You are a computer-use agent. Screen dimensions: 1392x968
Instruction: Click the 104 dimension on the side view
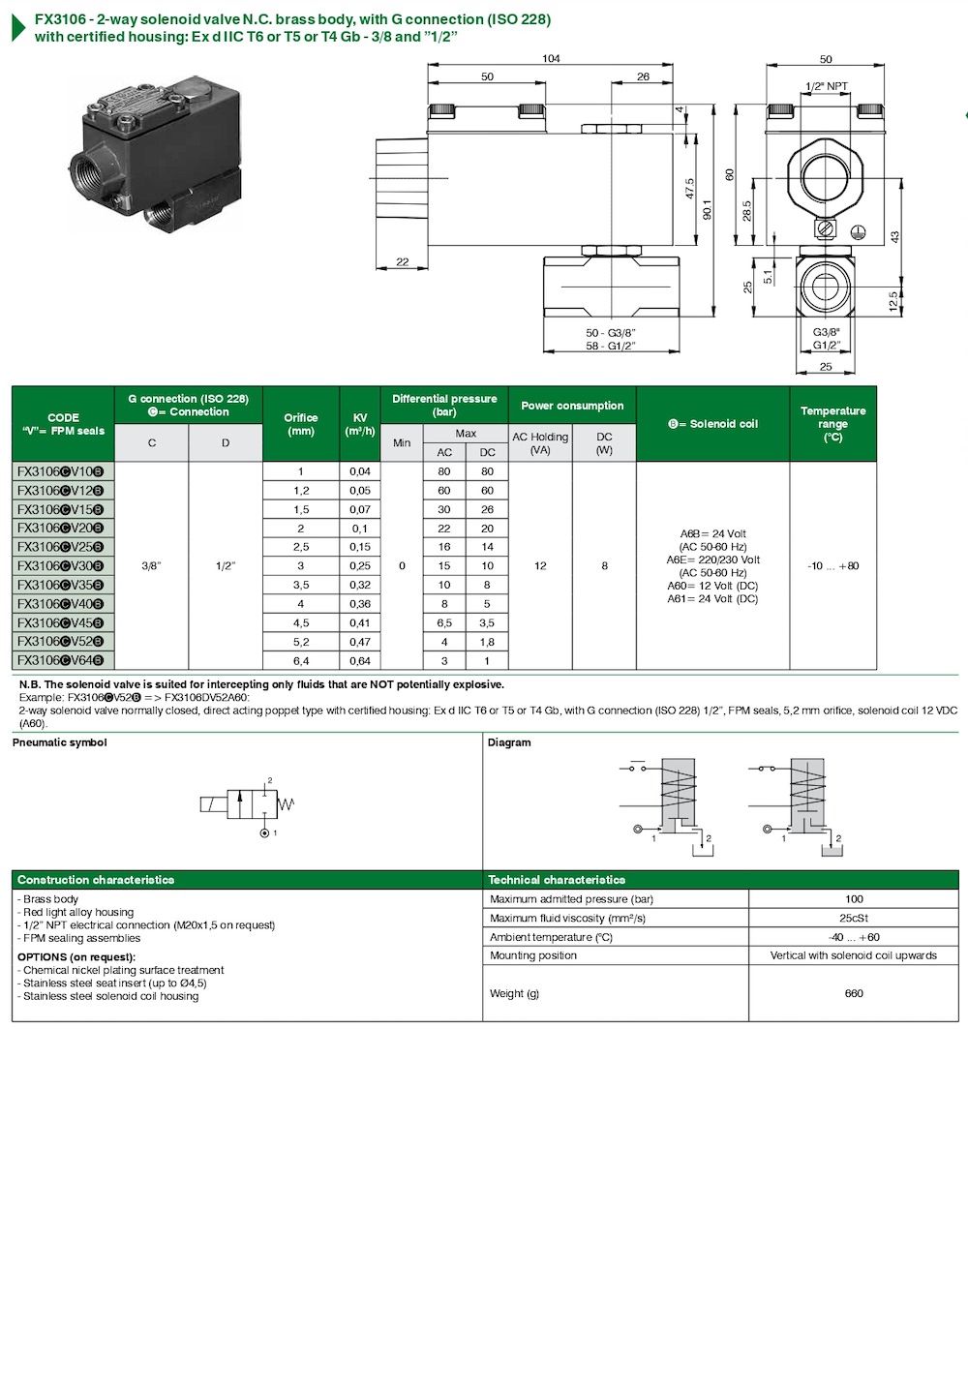coord(550,59)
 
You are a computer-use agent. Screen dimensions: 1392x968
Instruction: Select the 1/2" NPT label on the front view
coord(826,86)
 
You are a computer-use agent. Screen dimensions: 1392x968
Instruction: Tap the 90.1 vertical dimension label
coord(707,209)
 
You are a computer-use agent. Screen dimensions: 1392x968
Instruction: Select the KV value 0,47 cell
coord(359,642)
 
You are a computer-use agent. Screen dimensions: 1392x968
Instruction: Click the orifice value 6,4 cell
coord(300,660)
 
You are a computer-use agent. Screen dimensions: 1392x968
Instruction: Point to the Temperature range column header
coord(832,424)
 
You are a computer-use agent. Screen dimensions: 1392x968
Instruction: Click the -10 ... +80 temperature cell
coord(832,565)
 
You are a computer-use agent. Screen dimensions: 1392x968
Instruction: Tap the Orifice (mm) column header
coord(300,424)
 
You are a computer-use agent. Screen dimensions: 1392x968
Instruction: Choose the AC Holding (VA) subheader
coord(540,443)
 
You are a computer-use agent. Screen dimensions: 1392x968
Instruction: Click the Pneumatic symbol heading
coord(59,742)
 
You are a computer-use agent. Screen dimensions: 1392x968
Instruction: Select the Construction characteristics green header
coord(96,880)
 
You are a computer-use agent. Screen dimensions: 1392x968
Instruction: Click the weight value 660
coord(853,993)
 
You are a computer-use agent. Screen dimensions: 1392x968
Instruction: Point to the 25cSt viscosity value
coord(853,918)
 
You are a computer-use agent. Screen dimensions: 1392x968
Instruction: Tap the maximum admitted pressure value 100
coord(853,899)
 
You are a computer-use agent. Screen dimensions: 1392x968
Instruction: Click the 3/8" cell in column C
coord(151,565)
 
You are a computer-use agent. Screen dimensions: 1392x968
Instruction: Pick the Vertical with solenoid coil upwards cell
coord(853,955)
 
